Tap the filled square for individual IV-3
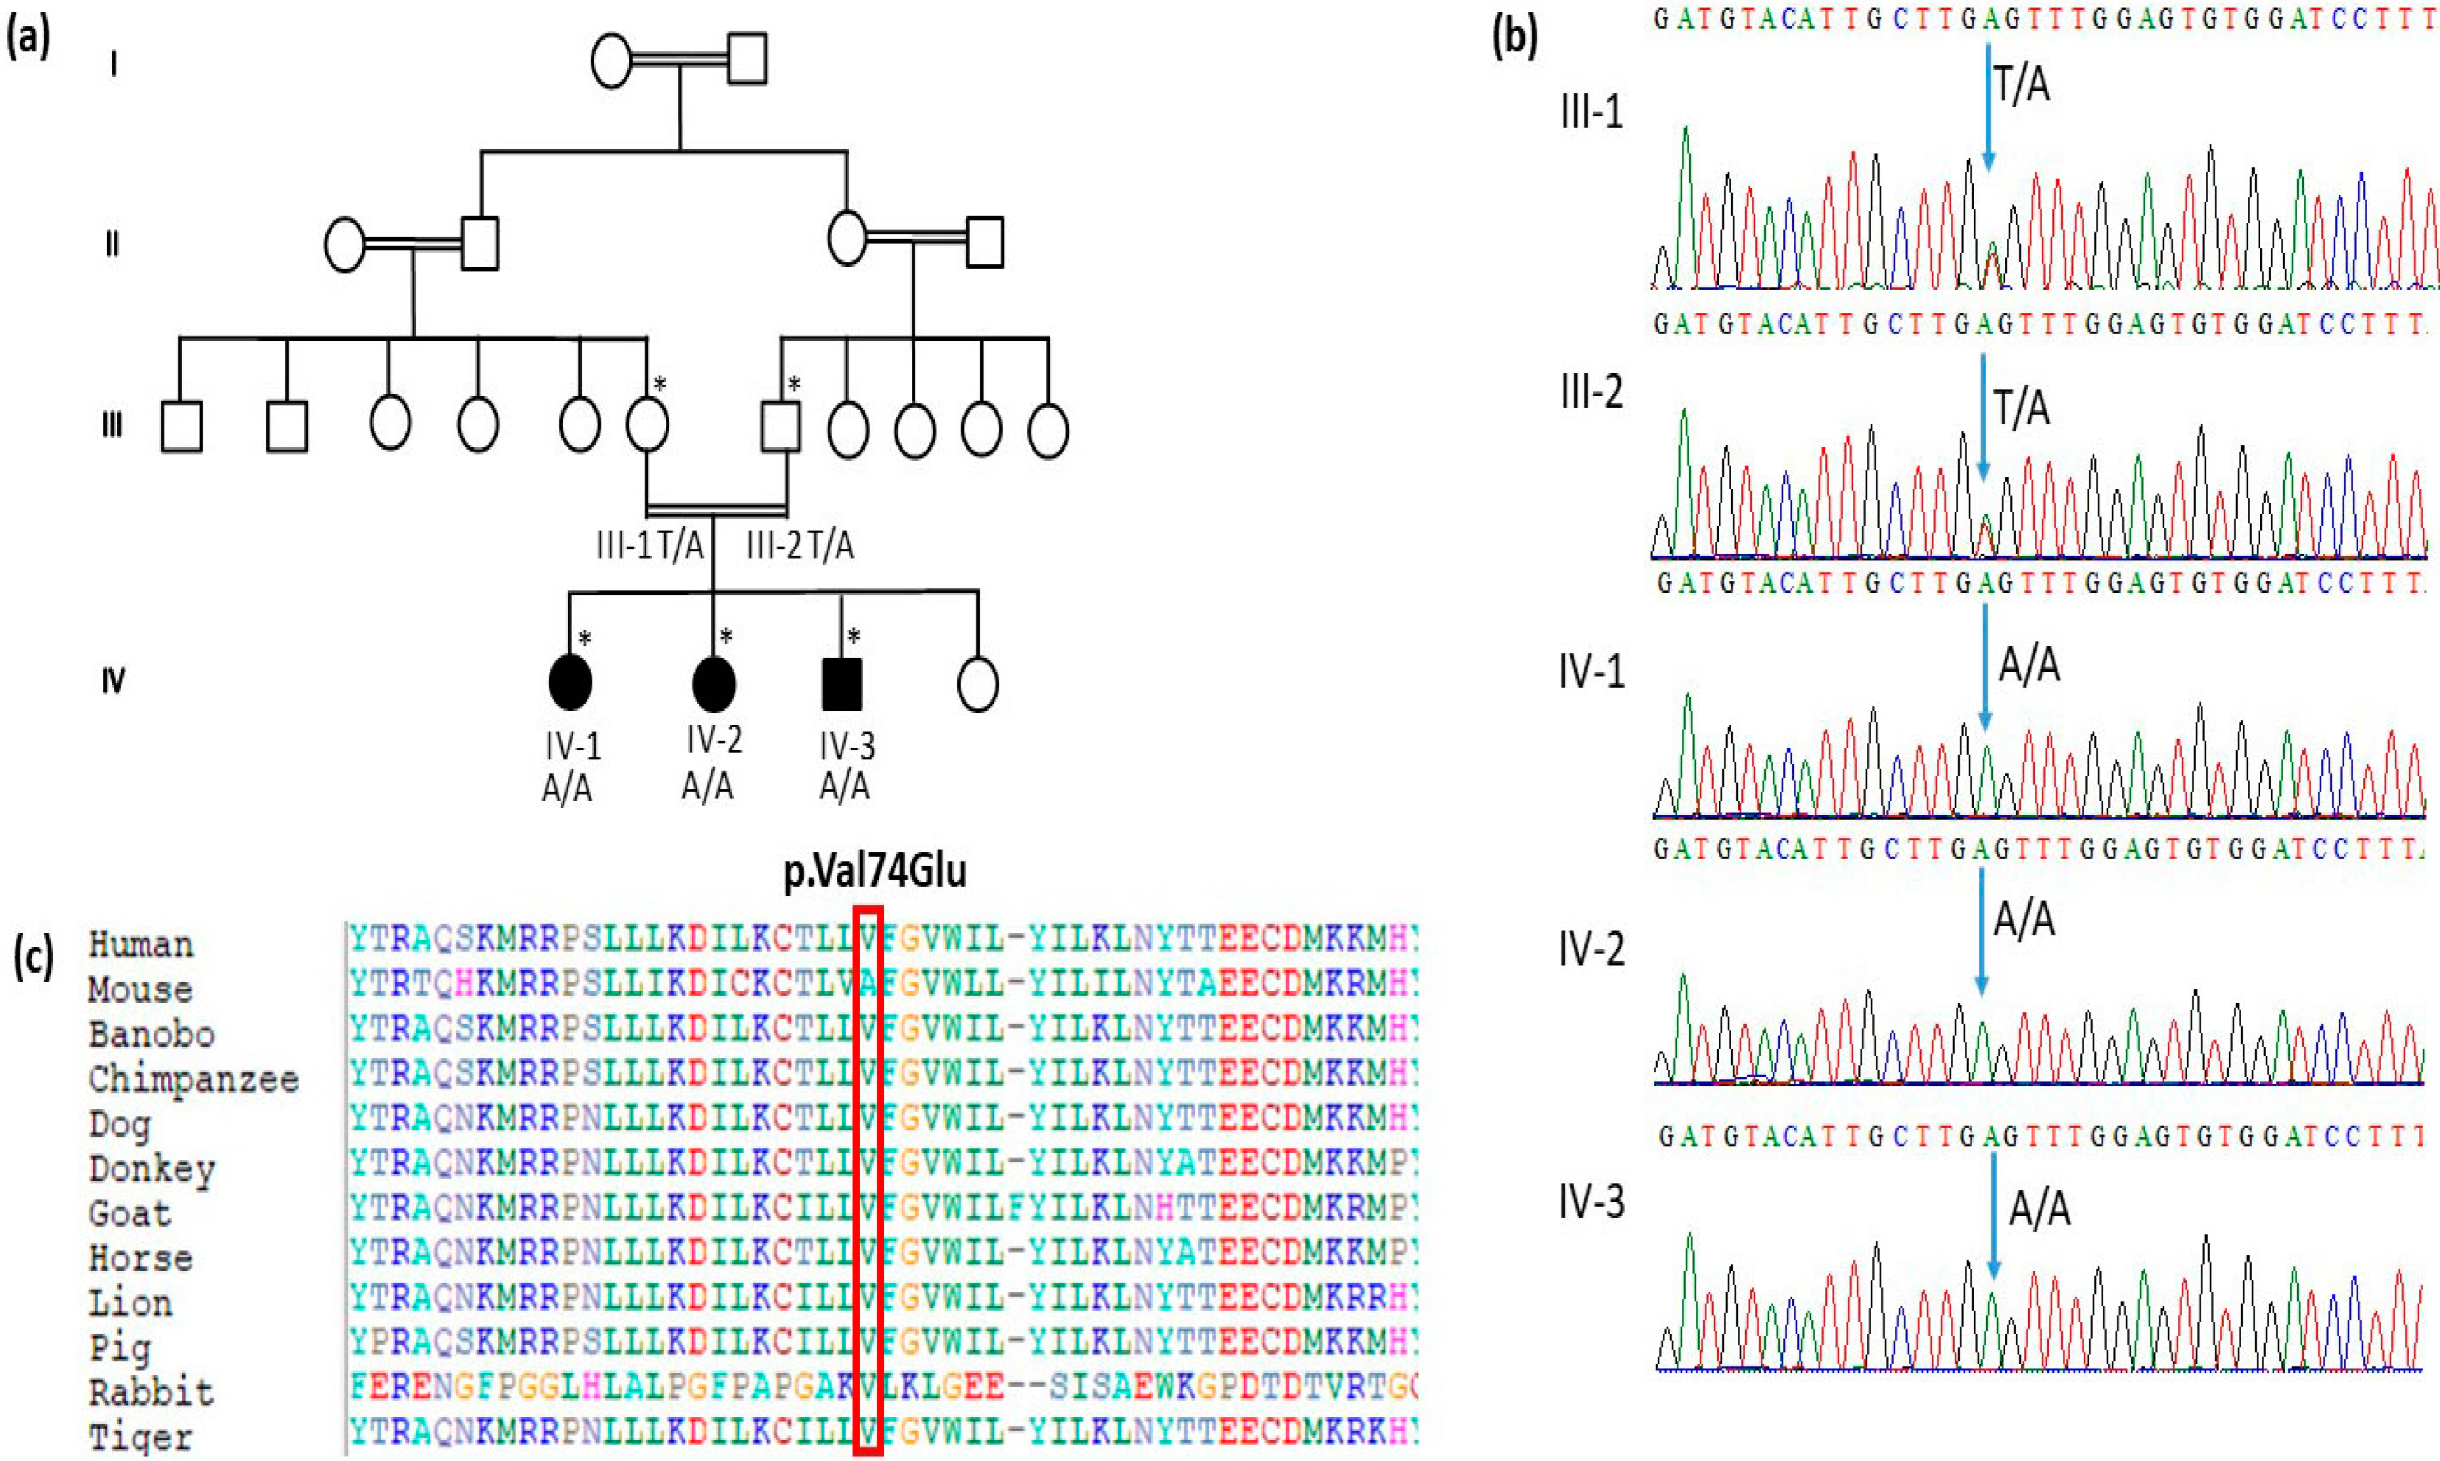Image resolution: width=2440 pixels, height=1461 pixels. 842,683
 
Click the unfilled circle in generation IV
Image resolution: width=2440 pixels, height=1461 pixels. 978,683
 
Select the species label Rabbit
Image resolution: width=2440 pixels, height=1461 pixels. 150,1392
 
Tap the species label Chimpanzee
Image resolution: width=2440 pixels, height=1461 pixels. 193,1079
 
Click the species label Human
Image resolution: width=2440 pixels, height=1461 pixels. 141,944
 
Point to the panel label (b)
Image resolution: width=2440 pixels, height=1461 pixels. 1514,37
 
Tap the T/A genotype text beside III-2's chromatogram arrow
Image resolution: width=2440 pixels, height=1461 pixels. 2021,406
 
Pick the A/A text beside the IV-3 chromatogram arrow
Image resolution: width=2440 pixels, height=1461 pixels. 2039,1207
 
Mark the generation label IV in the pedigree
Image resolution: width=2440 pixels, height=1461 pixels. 113,680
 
